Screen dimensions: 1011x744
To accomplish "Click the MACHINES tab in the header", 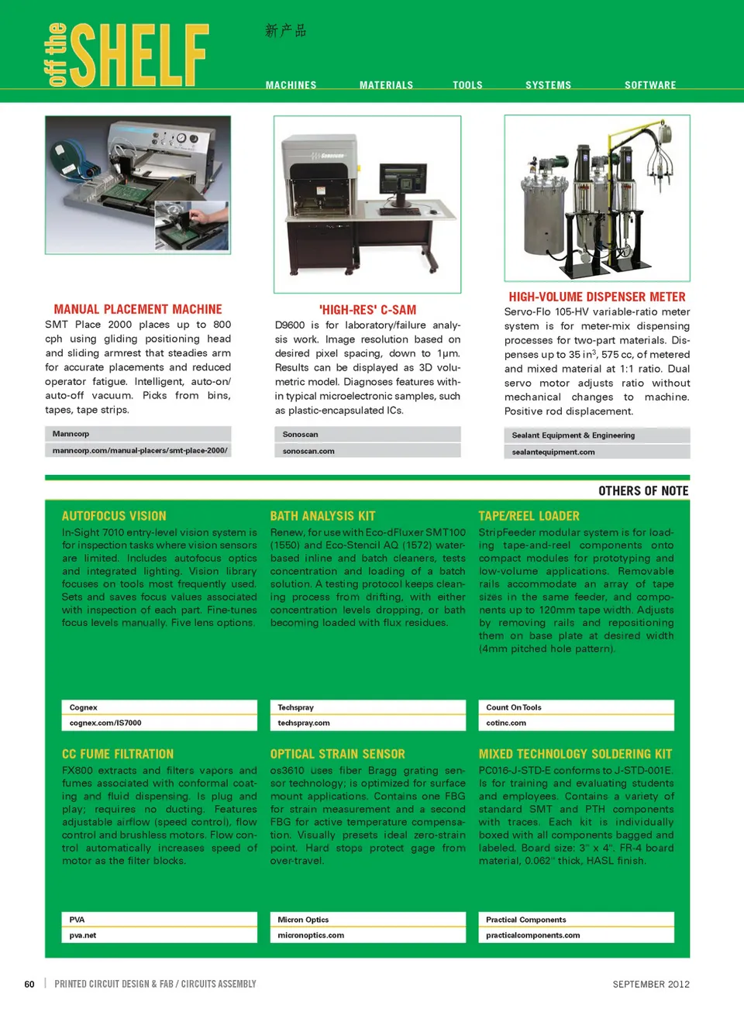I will tap(291, 85).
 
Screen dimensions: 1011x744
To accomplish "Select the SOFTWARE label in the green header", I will tap(650, 85).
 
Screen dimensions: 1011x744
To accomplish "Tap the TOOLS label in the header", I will tap(467, 85).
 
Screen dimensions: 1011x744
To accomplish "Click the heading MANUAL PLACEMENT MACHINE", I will tap(138, 309).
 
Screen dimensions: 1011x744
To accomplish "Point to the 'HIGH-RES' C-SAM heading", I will tap(367, 310).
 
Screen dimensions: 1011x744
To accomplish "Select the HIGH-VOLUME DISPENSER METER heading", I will tap(597, 297).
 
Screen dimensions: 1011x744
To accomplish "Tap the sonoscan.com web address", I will tap(308, 451).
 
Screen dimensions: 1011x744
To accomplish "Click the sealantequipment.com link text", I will tap(553, 452).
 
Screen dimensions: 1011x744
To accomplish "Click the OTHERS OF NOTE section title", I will tap(643, 491).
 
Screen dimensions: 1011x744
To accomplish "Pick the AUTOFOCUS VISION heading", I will tap(114, 516).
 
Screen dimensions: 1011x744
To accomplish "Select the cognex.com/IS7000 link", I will tap(105, 723).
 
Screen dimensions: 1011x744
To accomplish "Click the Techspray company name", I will tap(296, 707).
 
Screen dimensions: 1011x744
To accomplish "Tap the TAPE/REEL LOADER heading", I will tap(529, 516).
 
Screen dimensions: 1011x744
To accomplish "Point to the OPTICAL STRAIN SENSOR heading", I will tap(337, 754).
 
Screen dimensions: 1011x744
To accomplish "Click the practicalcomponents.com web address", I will tap(532, 935).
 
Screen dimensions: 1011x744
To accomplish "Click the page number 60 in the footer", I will tap(29, 984).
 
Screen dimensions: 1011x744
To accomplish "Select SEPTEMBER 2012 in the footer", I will tap(651, 984).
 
